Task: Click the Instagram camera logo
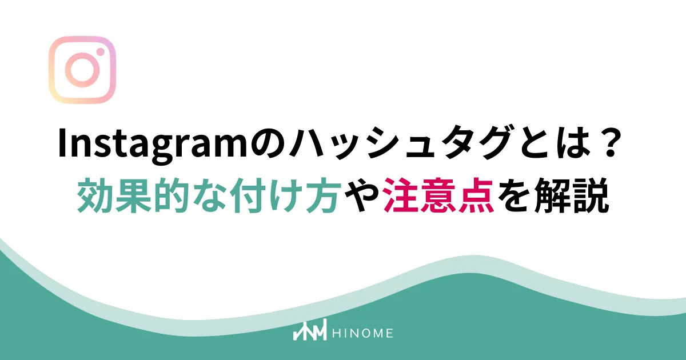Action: pos(82,70)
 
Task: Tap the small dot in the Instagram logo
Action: pos(100,52)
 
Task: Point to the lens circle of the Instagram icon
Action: pos(82,70)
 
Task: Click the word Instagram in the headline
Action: pos(152,145)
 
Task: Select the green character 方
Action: pos(322,195)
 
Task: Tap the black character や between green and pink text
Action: pos(361,195)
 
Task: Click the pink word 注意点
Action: pos(438,195)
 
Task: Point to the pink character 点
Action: pos(476,195)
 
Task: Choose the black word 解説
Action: pos(571,195)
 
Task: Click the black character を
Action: pos(514,195)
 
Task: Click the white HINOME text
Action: pos(362,333)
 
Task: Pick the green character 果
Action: pos(133,195)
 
